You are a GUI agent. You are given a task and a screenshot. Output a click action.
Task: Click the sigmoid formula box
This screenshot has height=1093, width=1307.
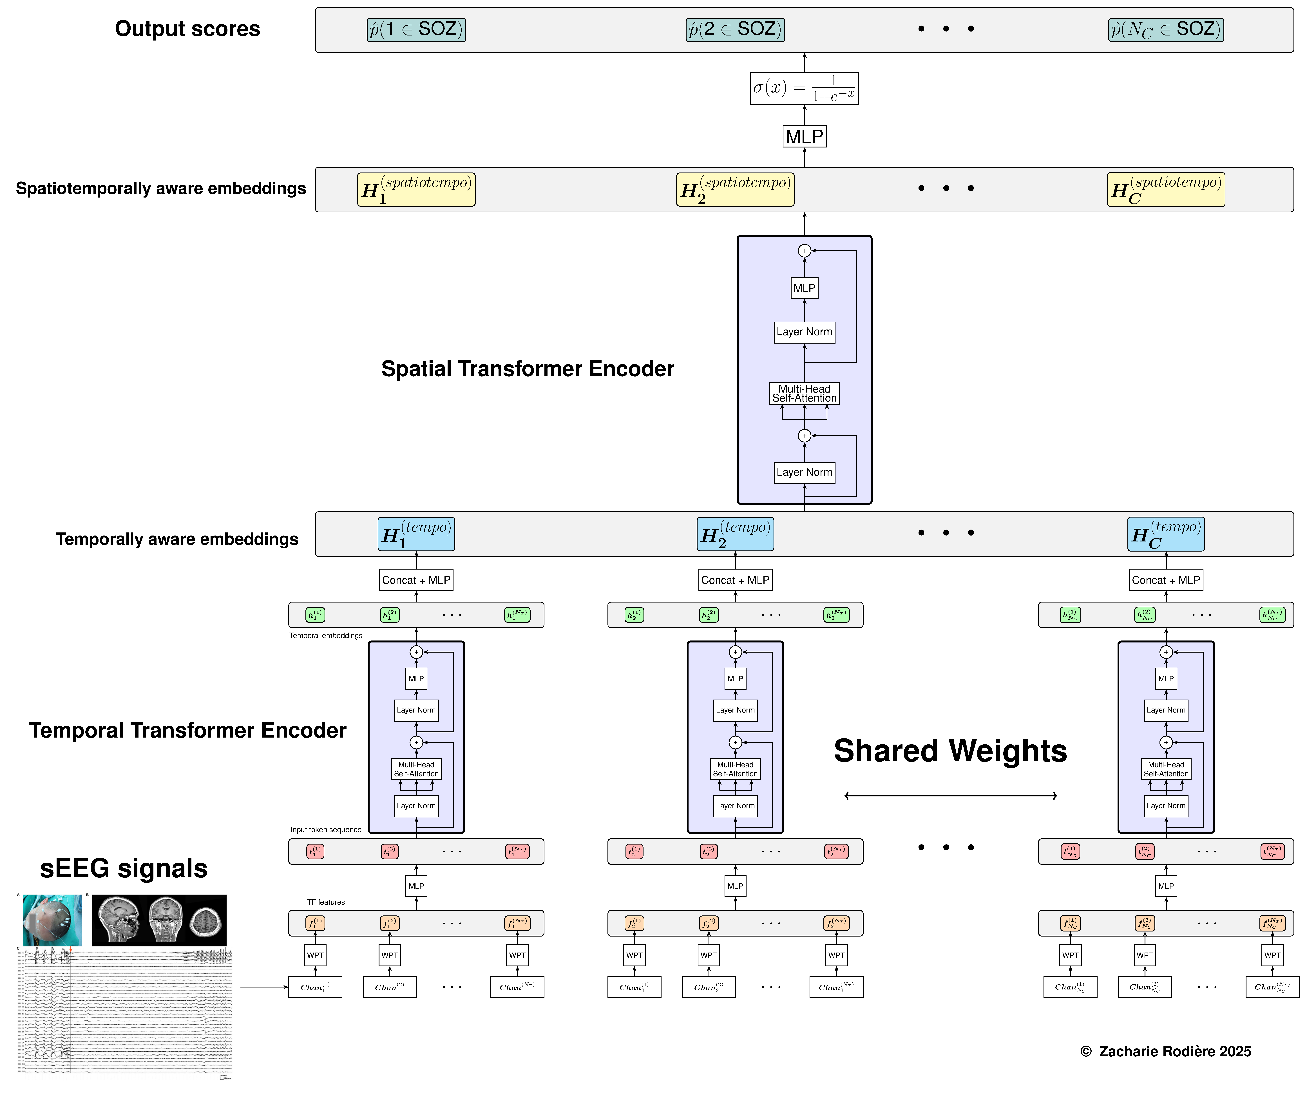[804, 88]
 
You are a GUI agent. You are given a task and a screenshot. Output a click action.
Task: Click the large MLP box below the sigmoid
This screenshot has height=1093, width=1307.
[804, 136]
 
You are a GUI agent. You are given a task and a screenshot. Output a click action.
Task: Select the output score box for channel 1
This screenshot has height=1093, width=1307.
[416, 29]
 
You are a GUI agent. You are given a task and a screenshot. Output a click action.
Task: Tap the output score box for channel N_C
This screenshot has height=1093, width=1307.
[1166, 29]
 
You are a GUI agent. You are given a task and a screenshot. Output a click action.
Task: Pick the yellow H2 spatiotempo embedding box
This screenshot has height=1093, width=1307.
[735, 189]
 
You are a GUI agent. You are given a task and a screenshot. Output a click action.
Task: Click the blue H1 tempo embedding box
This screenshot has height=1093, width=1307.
[416, 534]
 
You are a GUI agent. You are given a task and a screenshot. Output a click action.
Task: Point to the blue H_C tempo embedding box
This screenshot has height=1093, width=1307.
[1166, 534]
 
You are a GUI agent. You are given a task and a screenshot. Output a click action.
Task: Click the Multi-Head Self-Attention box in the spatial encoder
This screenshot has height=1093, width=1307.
[804, 393]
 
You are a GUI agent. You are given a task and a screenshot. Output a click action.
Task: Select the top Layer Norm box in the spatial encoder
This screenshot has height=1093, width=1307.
[804, 332]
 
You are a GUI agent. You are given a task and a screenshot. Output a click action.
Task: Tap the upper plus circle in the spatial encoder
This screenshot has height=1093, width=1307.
[804, 251]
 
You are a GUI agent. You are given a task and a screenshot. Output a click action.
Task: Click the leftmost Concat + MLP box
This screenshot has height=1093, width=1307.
[416, 580]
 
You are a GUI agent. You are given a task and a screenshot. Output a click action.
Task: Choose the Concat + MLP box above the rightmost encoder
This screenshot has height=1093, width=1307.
[1166, 580]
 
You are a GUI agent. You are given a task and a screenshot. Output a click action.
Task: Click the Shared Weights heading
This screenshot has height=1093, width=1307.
[950, 751]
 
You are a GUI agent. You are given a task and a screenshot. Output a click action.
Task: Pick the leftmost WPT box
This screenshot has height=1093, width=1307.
[315, 955]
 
